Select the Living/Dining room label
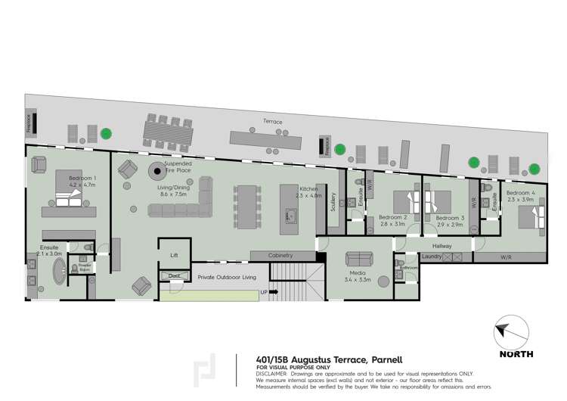tap(173, 188)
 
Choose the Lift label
tap(174, 256)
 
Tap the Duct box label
tap(175, 275)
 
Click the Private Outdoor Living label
tap(226, 278)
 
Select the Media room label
tap(358, 273)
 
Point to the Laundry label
tap(432, 257)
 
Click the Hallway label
tap(442, 246)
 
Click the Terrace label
tap(272, 120)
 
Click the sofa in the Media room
tap(359, 258)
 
